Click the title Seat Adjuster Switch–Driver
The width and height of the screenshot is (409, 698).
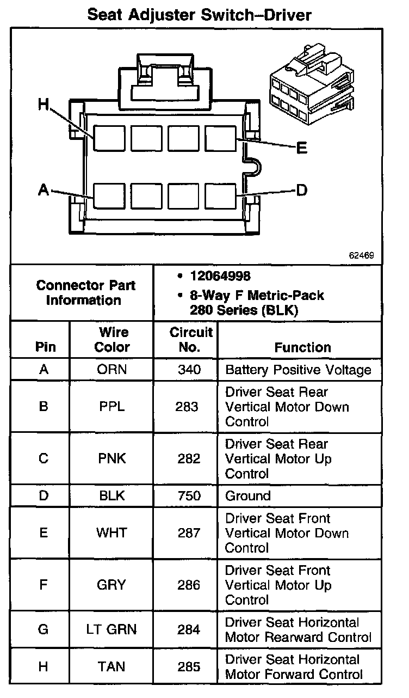coord(200,15)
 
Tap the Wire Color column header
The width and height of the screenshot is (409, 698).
coord(113,340)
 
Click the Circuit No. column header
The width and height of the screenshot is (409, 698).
coord(191,340)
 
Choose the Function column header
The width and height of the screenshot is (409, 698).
coord(302,347)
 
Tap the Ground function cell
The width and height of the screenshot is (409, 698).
coord(248,496)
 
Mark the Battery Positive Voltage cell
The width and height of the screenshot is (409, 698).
coord(298,370)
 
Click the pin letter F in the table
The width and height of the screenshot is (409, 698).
coord(44,585)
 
